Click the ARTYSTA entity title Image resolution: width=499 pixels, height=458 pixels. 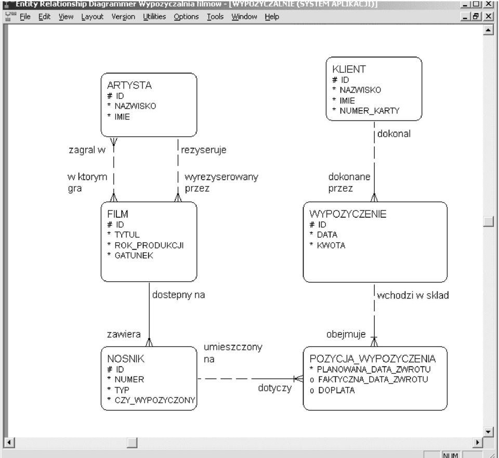(129, 85)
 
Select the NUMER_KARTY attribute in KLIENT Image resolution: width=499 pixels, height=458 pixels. (370, 111)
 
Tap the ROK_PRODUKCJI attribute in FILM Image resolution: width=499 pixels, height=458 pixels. (149, 245)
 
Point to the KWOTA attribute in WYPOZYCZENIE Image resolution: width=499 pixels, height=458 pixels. (331, 245)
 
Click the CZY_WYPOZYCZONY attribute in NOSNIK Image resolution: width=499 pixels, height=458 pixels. (155, 400)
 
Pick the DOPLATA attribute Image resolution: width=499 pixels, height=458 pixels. (336, 390)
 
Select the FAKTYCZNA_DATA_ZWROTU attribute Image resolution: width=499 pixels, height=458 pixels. (373, 380)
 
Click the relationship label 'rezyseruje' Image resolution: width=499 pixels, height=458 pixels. (204, 150)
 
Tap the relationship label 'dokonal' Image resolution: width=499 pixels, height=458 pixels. (394, 134)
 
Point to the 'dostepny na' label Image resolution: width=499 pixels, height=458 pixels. (178, 295)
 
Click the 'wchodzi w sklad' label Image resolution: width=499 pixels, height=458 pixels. (413, 295)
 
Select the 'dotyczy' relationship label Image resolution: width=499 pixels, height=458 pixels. (275, 388)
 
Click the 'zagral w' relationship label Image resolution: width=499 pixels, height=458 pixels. (87, 150)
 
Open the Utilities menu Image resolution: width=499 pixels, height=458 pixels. (154, 17)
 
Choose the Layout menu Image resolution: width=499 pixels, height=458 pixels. (93, 17)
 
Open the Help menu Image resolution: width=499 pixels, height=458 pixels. (272, 17)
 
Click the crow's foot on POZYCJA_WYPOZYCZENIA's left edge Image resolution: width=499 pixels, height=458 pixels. (298, 379)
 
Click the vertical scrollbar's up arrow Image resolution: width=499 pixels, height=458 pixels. (488, 30)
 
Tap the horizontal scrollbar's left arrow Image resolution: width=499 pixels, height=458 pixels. (9, 442)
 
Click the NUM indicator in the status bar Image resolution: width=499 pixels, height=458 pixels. (451, 455)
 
